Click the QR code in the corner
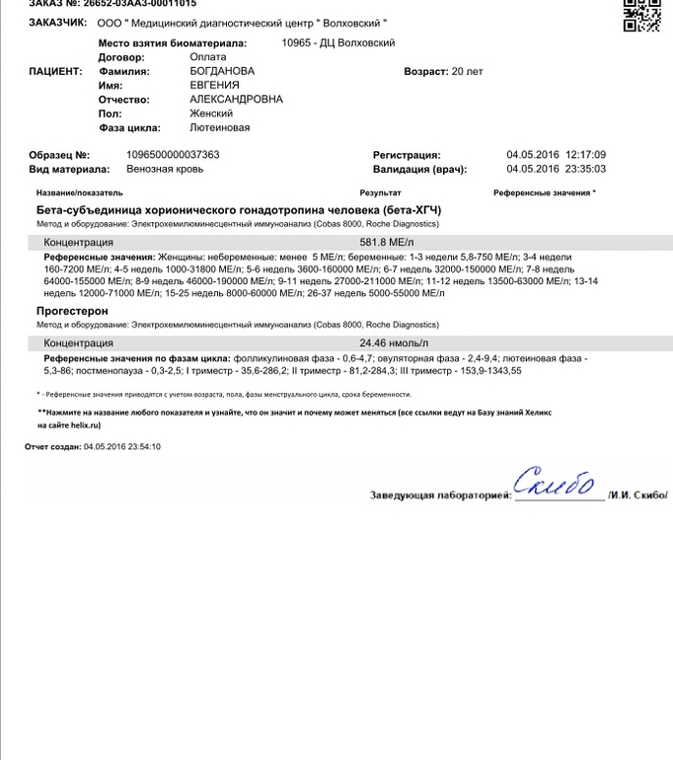(642, 15)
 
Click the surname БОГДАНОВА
(222, 72)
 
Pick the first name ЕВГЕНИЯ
(214, 86)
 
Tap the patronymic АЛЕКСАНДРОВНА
(236, 100)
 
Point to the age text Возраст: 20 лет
(443, 72)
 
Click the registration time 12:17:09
(585, 155)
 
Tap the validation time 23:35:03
(585, 169)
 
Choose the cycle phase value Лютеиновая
(219, 127)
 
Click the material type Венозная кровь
(166, 169)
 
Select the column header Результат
(381, 192)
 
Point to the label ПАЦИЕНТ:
(56, 72)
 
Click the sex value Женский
(211, 114)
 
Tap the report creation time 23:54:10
(141, 447)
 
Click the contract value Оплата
(208, 58)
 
